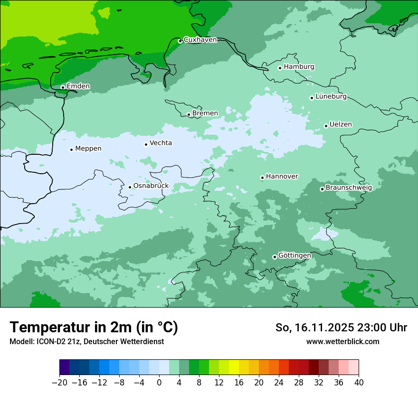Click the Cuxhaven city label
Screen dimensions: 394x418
click(200, 40)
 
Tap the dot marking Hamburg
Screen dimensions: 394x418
click(280, 68)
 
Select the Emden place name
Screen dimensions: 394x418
click(78, 86)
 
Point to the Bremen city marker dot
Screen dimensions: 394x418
click(189, 114)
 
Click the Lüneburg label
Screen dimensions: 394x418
click(331, 97)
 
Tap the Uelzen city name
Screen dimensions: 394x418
click(341, 125)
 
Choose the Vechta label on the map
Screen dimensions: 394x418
click(161, 143)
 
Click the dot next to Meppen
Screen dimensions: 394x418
click(71, 150)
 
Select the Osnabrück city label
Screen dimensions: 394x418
click(151, 186)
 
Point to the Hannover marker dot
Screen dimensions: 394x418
click(262, 178)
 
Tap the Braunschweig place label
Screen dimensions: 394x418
click(349, 188)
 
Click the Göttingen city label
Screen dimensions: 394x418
click(294, 256)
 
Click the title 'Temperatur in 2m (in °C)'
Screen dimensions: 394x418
click(94, 328)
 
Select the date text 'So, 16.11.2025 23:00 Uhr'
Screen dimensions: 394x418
click(341, 328)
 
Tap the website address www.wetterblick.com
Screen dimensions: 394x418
click(342, 341)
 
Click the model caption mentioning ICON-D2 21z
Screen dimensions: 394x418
click(86, 341)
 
